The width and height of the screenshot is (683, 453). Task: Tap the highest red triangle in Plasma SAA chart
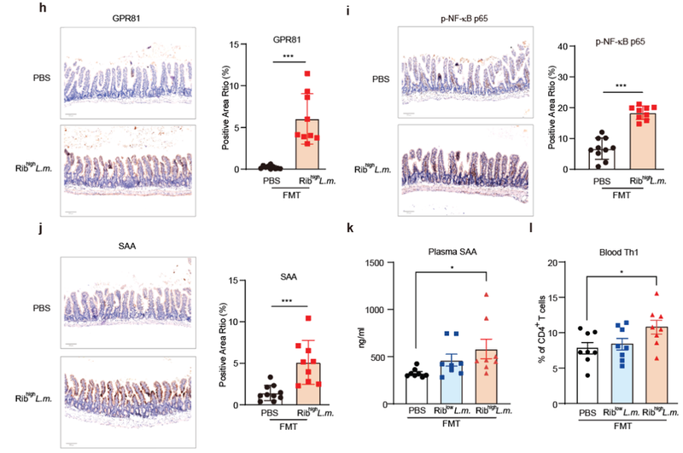coord(484,295)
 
